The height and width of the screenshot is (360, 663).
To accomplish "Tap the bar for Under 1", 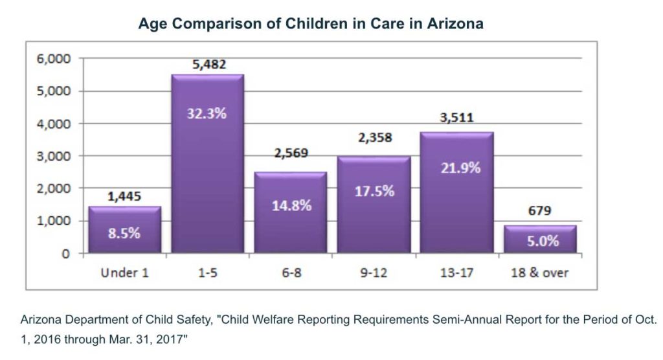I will click(x=124, y=230).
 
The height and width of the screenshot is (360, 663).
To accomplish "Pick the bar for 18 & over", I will click(x=539, y=239).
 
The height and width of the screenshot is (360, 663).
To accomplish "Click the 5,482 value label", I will click(x=207, y=65).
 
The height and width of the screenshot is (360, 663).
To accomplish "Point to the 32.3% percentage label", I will click(x=207, y=115).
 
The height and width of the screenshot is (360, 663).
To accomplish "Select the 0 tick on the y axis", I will click(x=65, y=254).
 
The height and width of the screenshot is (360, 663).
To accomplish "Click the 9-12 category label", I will click(x=373, y=273).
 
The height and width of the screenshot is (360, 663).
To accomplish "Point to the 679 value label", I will click(x=539, y=210).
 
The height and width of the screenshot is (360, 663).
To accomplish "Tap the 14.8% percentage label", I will click(x=290, y=206).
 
